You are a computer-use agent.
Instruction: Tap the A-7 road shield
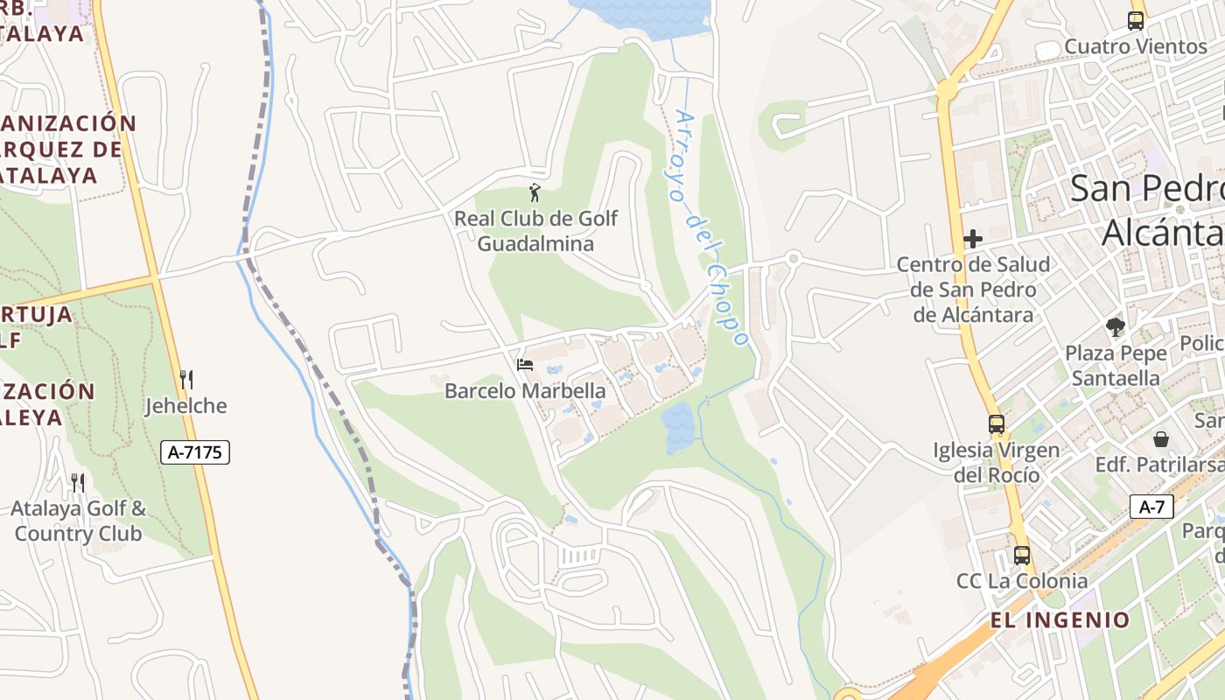[x=1151, y=507]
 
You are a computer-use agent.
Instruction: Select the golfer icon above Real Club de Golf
[x=535, y=192]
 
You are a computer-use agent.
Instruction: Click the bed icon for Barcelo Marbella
[x=525, y=364]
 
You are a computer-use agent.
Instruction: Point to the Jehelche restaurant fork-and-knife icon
[x=185, y=380]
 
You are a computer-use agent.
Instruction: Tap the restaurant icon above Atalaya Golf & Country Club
[x=78, y=482]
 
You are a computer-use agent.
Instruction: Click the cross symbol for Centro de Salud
[x=973, y=239]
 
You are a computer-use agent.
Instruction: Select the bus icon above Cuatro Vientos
[x=1136, y=21]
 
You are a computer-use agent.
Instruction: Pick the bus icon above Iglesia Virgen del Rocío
[x=997, y=424]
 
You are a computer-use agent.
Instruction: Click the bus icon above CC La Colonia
[x=1022, y=555]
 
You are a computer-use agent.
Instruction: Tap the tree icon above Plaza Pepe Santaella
[x=1115, y=327]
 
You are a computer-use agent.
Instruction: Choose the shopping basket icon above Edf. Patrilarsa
[x=1161, y=438]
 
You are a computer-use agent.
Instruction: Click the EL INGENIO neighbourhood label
[x=1060, y=620]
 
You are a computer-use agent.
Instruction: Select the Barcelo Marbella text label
[x=525, y=391]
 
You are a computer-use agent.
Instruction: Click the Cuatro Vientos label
[x=1136, y=46]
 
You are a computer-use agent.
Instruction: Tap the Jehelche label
[x=185, y=406]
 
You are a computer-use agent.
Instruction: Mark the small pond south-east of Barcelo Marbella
[x=678, y=427]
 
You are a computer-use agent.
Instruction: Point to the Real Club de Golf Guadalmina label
[x=535, y=231]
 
